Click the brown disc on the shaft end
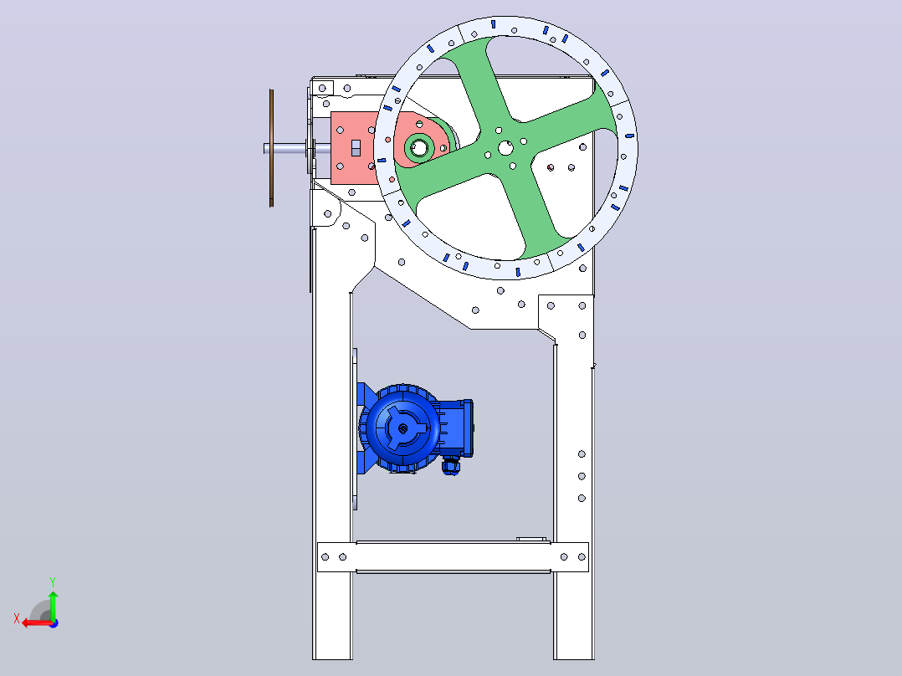click(271, 148)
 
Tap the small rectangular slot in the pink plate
click(356, 148)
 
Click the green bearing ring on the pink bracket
click(418, 148)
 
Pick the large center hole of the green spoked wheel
click(505, 148)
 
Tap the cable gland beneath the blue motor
click(451, 465)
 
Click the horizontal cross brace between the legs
click(454, 557)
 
